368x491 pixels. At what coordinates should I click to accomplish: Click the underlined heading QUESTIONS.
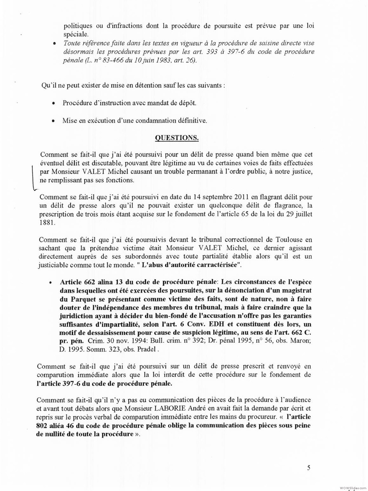coord(177,138)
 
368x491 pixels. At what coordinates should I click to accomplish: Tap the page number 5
coord(309,468)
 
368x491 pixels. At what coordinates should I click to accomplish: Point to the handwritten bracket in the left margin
coord(33,178)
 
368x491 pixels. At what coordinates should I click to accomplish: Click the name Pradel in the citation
coord(148,349)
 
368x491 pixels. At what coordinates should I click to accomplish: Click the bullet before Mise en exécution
coord(54,121)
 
